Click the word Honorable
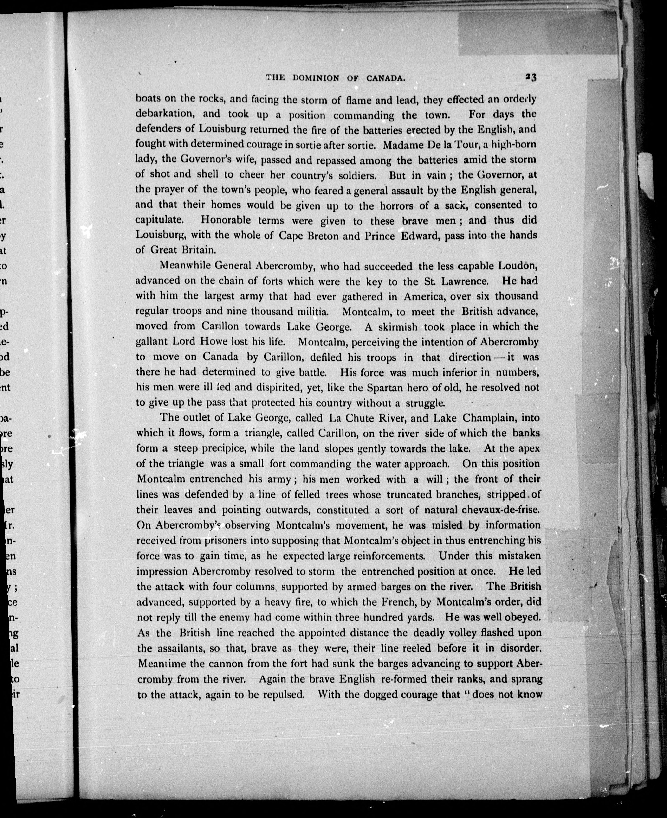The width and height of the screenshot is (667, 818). pyautogui.click(x=226, y=220)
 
